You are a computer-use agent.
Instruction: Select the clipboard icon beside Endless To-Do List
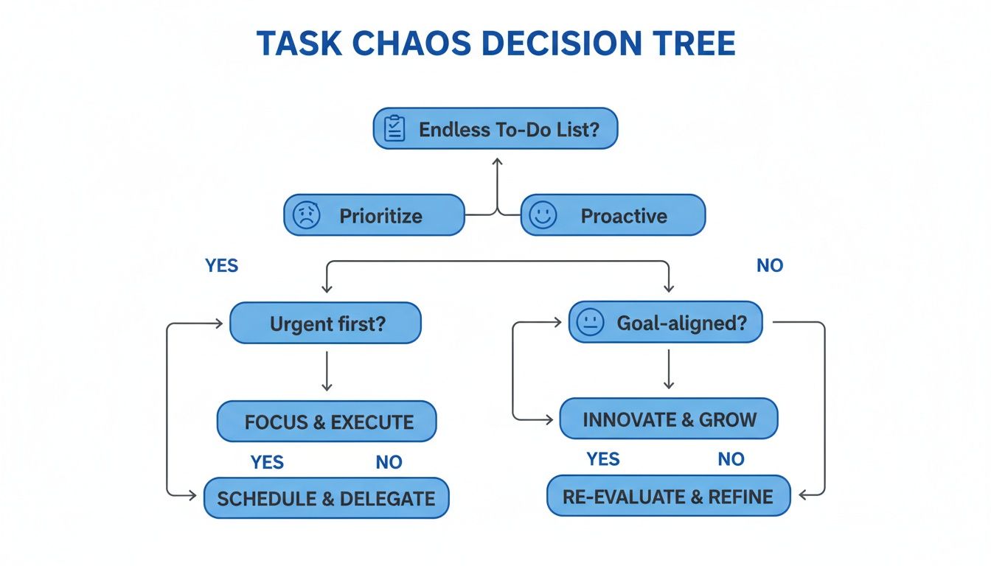pyautogui.click(x=394, y=129)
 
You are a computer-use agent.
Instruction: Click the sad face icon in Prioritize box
pyautogui.click(x=307, y=216)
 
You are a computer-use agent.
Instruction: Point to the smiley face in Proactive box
pyautogui.click(x=543, y=216)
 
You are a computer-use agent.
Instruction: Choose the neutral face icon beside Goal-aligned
pyautogui.click(x=590, y=322)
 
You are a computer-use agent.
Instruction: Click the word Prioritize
pyautogui.click(x=380, y=216)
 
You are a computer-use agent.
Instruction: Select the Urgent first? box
pyautogui.click(x=325, y=324)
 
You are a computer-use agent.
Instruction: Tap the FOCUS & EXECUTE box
pyautogui.click(x=327, y=422)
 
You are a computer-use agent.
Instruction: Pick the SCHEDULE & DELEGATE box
pyautogui.click(x=326, y=498)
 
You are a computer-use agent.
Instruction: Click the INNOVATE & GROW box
pyautogui.click(x=669, y=419)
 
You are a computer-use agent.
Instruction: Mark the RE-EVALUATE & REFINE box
pyautogui.click(x=668, y=496)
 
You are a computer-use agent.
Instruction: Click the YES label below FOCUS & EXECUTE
pyautogui.click(x=267, y=462)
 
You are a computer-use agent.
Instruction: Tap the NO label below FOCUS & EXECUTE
pyautogui.click(x=389, y=462)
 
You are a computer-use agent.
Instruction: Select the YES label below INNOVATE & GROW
pyautogui.click(x=603, y=459)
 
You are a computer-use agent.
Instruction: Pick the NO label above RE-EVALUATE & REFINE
pyautogui.click(x=731, y=459)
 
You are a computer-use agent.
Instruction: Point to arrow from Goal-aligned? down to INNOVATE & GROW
pyautogui.click(x=668, y=369)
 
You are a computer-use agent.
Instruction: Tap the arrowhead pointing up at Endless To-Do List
pyautogui.click(x=497, y=161)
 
